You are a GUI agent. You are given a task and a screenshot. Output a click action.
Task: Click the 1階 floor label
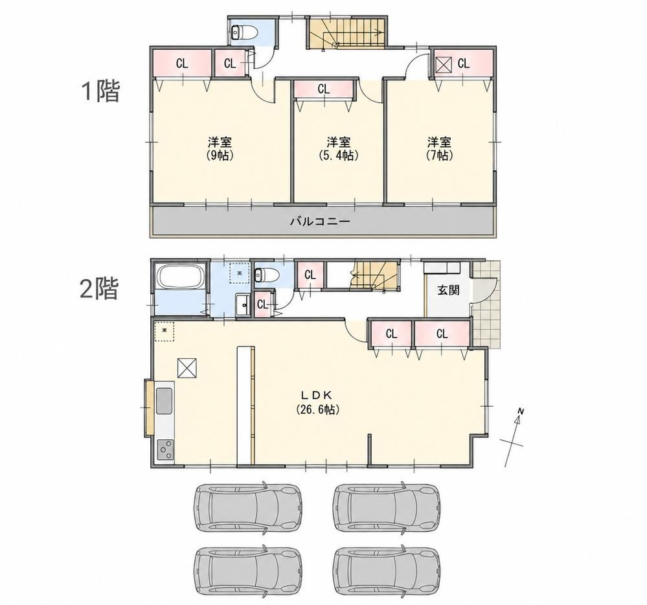tap(100, 91)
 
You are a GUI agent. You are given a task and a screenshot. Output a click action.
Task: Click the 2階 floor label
tap(100, 288)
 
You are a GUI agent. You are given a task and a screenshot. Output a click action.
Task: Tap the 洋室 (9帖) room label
tap(220, 149)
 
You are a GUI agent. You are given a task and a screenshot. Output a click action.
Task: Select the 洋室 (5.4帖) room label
tap(338, 149)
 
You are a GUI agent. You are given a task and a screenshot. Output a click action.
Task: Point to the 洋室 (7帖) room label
tap(439, 149)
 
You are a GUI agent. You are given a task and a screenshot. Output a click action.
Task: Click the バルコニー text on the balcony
tap(320, 222)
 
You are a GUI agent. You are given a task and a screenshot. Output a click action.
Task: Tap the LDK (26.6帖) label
tap(317, 402)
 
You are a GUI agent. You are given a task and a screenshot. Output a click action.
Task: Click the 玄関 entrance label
tap(448, 290)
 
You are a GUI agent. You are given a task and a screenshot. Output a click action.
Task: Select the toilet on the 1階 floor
tap(244, 31)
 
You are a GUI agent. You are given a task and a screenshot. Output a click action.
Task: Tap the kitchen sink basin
tap(165, 401)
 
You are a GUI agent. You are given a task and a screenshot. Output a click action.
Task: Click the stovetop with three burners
tap(165, 449)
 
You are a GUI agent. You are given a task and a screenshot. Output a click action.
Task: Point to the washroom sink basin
tap(243, 305)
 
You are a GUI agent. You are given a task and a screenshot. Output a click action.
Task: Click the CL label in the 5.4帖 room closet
tap(324, 89)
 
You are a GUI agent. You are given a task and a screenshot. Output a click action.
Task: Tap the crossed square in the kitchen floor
tap(187, 368)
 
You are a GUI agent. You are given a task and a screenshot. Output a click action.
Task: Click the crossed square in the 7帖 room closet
tap(444, 64)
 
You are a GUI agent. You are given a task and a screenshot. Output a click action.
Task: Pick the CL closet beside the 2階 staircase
tap(310, 275)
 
